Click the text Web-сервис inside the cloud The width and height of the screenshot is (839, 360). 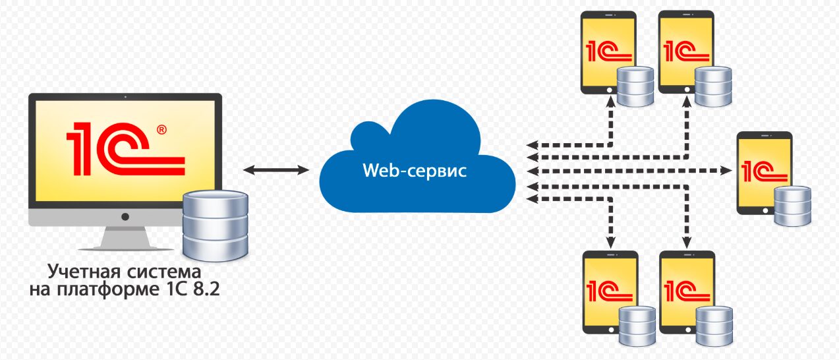415,171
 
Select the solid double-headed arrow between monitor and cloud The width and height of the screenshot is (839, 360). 275,171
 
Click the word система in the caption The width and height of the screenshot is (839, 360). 164,272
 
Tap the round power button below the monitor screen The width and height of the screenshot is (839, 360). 125,216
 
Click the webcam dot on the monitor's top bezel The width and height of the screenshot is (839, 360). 125,98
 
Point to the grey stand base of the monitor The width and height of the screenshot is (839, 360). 125,247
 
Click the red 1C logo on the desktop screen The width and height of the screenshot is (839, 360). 122,149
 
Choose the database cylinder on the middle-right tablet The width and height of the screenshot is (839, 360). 793,206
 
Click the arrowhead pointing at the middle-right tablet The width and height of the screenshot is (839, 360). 727,171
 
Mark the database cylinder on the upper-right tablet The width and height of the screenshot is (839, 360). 714,86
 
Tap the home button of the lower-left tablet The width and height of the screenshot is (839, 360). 610,328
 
